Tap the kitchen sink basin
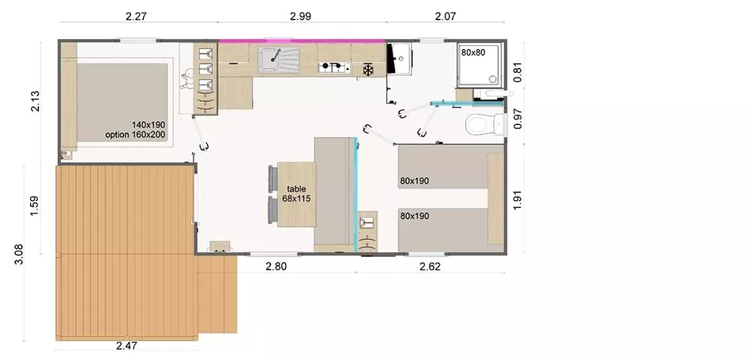click(x=271, y=59)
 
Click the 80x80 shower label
click(x=473, y=53)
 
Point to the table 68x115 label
click(x=296, y=194)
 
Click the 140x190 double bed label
click(x=148, y=125)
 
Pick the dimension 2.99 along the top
click(x=300, y=17)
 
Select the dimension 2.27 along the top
click(x=136, y=17)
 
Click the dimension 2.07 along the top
click(x=445, y=17)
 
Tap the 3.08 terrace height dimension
click(x=19, y=255)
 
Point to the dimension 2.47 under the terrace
click(x=127, y=345)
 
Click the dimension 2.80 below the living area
click(x=276, y=267)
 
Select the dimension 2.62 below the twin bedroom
click(x=430, y=267)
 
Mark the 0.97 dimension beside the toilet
click(x=517, y=118)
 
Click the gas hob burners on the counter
click(x=334, y=67)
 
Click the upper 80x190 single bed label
click(x=414, y=181)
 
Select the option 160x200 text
click(x=136, y=135)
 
